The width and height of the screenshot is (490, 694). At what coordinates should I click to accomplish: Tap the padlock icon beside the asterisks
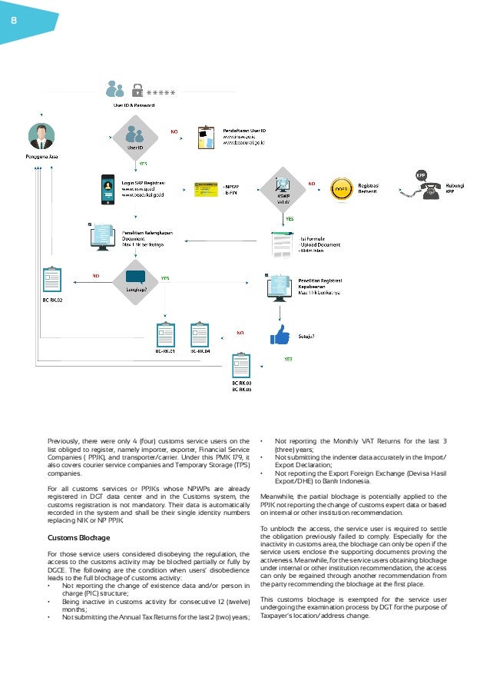tap(137, 88)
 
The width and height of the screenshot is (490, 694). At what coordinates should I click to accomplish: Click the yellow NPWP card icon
tap(204, 188)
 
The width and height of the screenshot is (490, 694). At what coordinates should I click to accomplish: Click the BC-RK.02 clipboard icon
tap(51, 281)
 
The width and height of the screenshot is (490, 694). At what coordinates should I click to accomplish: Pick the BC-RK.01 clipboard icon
tap(165, 334)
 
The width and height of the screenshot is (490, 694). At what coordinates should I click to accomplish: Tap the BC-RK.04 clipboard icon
tap(200, 334)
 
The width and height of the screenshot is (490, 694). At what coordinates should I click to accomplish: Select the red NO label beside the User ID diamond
tap(174, 131)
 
